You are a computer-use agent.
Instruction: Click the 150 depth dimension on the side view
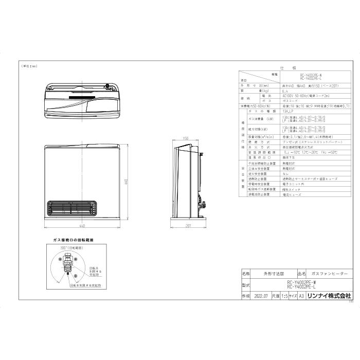(186, 138)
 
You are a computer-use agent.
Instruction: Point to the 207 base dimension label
(189, 225)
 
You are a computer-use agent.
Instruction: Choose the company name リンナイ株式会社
(329, 296)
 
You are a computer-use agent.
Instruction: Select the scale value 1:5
(283, 296)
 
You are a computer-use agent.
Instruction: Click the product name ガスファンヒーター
(330, 274)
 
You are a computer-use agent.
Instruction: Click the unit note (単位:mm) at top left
(29, 67)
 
